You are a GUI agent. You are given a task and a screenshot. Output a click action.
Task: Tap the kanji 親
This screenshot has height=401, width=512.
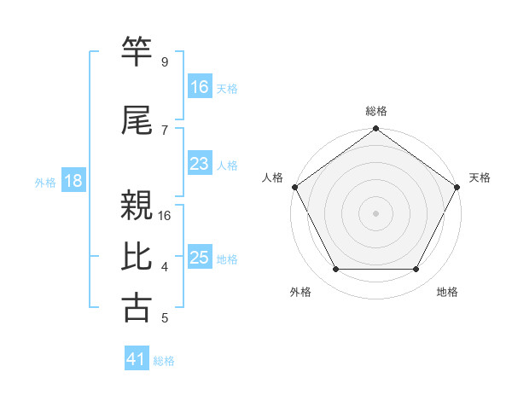137,206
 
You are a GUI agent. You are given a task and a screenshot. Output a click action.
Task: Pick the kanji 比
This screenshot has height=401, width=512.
137,258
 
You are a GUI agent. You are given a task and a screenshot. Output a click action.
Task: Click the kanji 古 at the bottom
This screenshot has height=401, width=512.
137,308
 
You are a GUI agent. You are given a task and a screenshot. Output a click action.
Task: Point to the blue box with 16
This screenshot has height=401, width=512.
200,87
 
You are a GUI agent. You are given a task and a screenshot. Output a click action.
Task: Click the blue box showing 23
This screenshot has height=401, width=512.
200,164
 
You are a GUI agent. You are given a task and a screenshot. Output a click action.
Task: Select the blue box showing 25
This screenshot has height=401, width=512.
200,258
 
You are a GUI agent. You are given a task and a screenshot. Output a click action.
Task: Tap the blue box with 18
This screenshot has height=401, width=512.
73,181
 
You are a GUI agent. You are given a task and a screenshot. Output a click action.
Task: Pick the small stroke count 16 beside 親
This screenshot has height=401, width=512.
165,215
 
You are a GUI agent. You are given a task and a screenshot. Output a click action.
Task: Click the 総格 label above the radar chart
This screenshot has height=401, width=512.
376,111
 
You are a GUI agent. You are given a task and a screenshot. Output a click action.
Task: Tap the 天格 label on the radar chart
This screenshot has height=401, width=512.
480,177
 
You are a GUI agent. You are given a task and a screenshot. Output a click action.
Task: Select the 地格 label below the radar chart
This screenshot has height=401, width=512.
447,292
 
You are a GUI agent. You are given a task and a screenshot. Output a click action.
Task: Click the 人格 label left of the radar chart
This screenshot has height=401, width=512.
273,177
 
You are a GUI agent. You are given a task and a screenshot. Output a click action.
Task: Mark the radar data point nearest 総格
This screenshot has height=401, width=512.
376,130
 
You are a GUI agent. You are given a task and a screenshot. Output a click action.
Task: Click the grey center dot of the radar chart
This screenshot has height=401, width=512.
376,212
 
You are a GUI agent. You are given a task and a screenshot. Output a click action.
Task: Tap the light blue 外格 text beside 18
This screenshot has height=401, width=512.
45,182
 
